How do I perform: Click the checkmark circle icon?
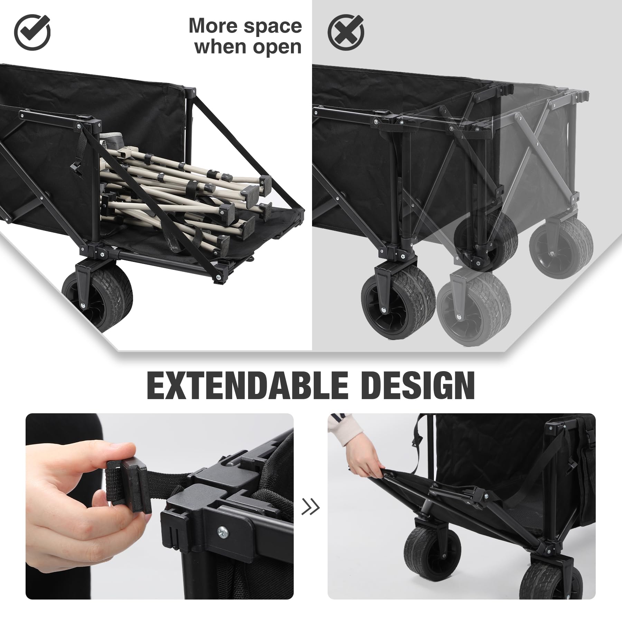[32, 32]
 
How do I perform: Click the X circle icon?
[346, 32]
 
